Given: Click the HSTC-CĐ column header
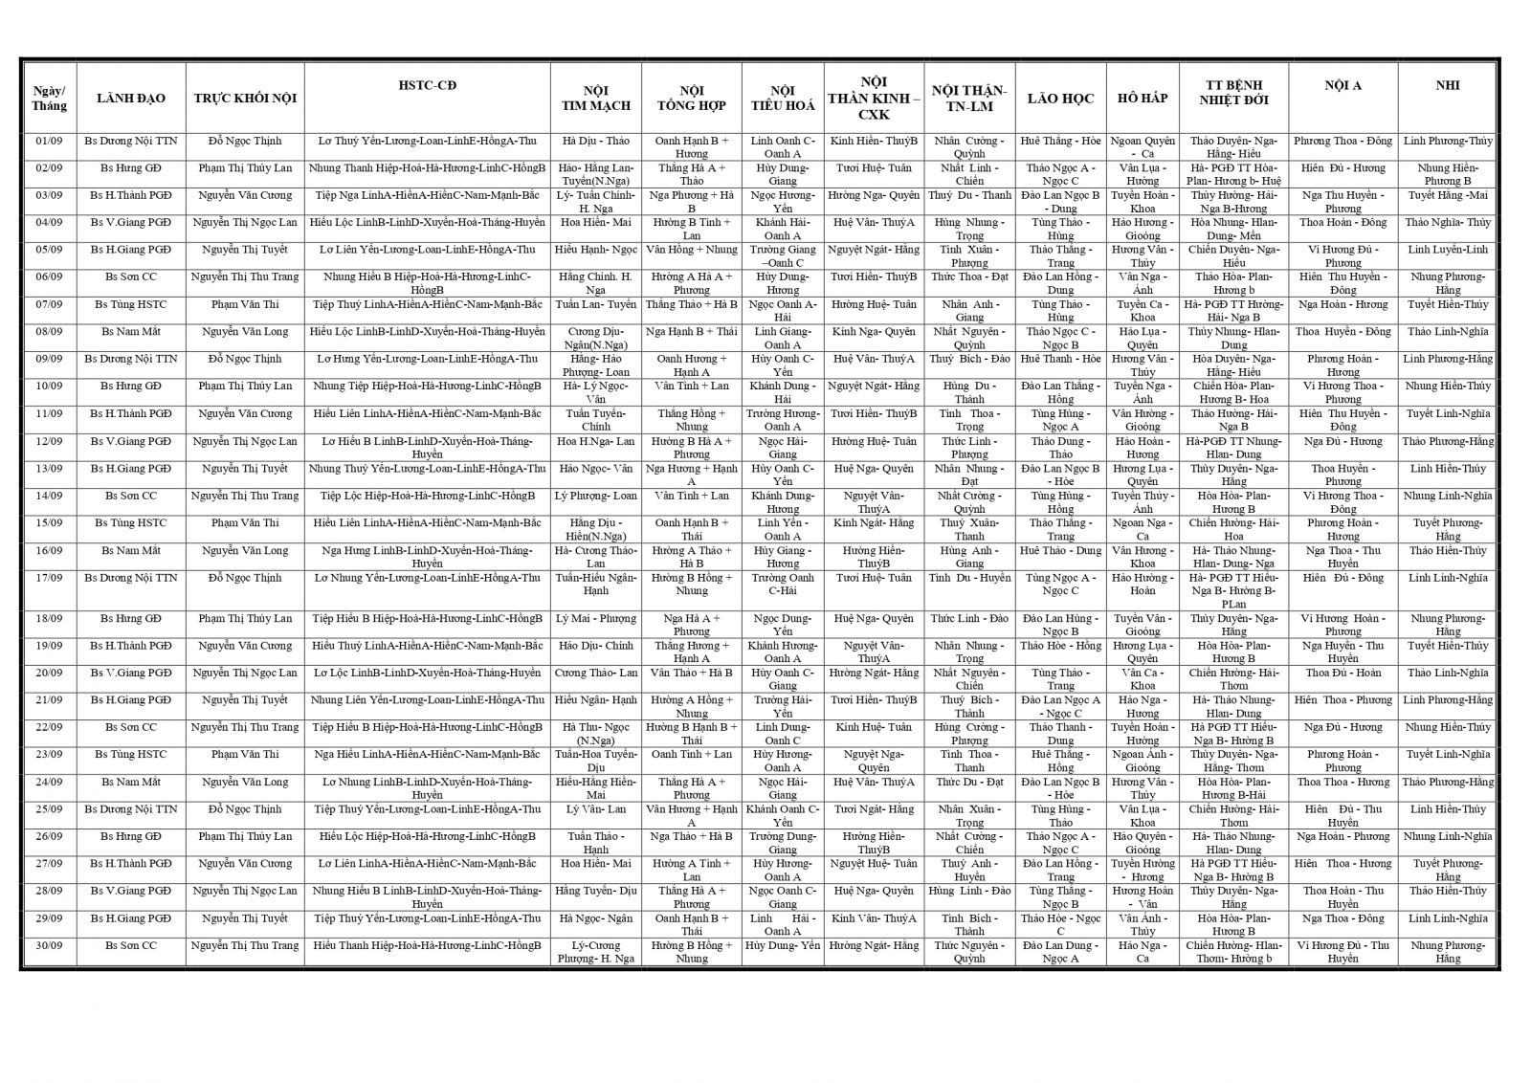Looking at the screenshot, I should click(427, 85).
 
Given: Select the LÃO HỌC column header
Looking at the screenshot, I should click(1060, 99).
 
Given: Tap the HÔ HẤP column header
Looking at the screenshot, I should click(1143, 99).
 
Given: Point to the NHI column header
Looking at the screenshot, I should click(1448, 85).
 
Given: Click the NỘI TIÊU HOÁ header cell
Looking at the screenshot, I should click(782, 99).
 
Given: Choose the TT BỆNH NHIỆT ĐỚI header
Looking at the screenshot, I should click(1233, 92).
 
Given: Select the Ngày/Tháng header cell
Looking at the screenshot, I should click(49, 99).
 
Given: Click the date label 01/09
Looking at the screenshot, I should click(49, 141).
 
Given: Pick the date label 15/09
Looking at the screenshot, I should click(49, 523).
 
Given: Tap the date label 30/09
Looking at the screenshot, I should click(49, 946).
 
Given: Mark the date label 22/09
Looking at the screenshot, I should click(49, 727).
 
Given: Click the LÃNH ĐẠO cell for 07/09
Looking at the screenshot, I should click(131, 304).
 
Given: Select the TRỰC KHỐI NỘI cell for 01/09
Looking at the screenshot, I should click(245, 141).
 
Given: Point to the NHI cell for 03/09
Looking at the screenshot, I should click(1448, 195).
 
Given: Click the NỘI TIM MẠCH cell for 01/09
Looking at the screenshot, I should click(595, 141).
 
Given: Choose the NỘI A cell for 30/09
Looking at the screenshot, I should click(1342, 952).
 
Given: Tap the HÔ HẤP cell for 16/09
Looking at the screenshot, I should click(1143, 557).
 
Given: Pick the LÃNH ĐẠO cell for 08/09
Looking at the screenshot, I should click(131, 332).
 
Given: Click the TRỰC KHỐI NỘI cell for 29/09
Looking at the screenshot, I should click(245, 918).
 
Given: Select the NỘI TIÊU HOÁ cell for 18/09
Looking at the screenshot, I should click(782, 625).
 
